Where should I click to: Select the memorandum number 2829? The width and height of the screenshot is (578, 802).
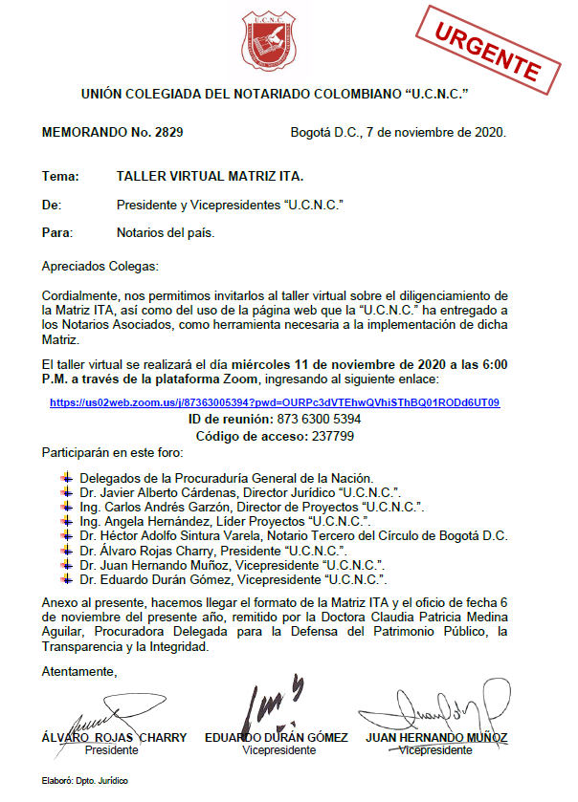[x=167, y=131]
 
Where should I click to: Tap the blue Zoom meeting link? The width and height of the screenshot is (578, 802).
[x=275, y=402]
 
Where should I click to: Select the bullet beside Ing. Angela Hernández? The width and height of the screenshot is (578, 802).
[x=66, y=522]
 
